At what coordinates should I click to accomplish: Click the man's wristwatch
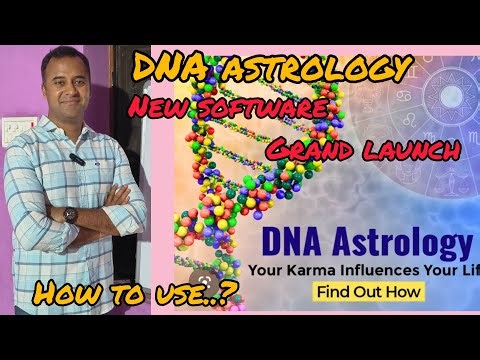click(x=70, y=213)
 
